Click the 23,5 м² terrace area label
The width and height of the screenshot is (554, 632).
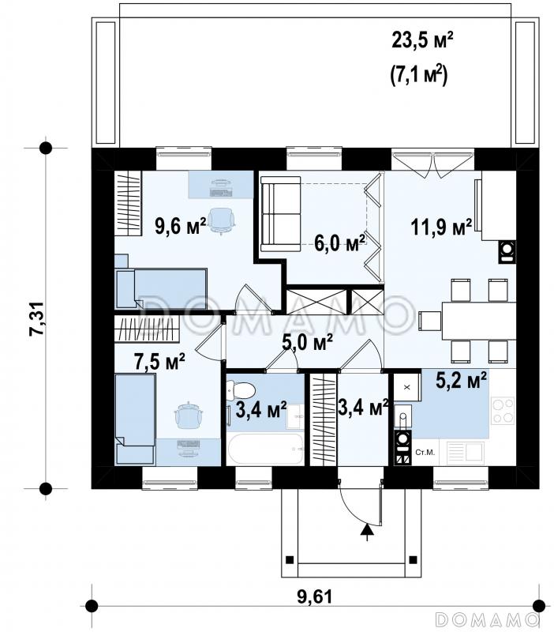(423, 40)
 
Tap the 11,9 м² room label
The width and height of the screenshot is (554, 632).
(441, 227)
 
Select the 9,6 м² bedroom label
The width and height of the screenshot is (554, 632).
(181, 225)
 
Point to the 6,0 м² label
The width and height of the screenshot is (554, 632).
(340, 243)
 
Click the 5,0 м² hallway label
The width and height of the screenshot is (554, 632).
(307, 342)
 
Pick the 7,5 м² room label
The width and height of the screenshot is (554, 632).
(159, 361)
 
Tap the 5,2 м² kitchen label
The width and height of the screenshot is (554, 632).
(462, 380)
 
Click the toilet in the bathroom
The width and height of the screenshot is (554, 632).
(241, 391)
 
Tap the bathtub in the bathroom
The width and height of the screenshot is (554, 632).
(265, 449)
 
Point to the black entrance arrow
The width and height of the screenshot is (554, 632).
(366, 531)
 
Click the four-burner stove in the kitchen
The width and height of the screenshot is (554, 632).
(503, 410)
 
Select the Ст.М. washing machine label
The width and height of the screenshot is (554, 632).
(425, 453)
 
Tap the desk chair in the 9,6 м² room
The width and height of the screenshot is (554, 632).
(221, 220)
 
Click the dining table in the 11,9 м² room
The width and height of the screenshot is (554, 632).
(479, 321)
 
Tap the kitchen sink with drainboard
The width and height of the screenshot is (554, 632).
(465, 453)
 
